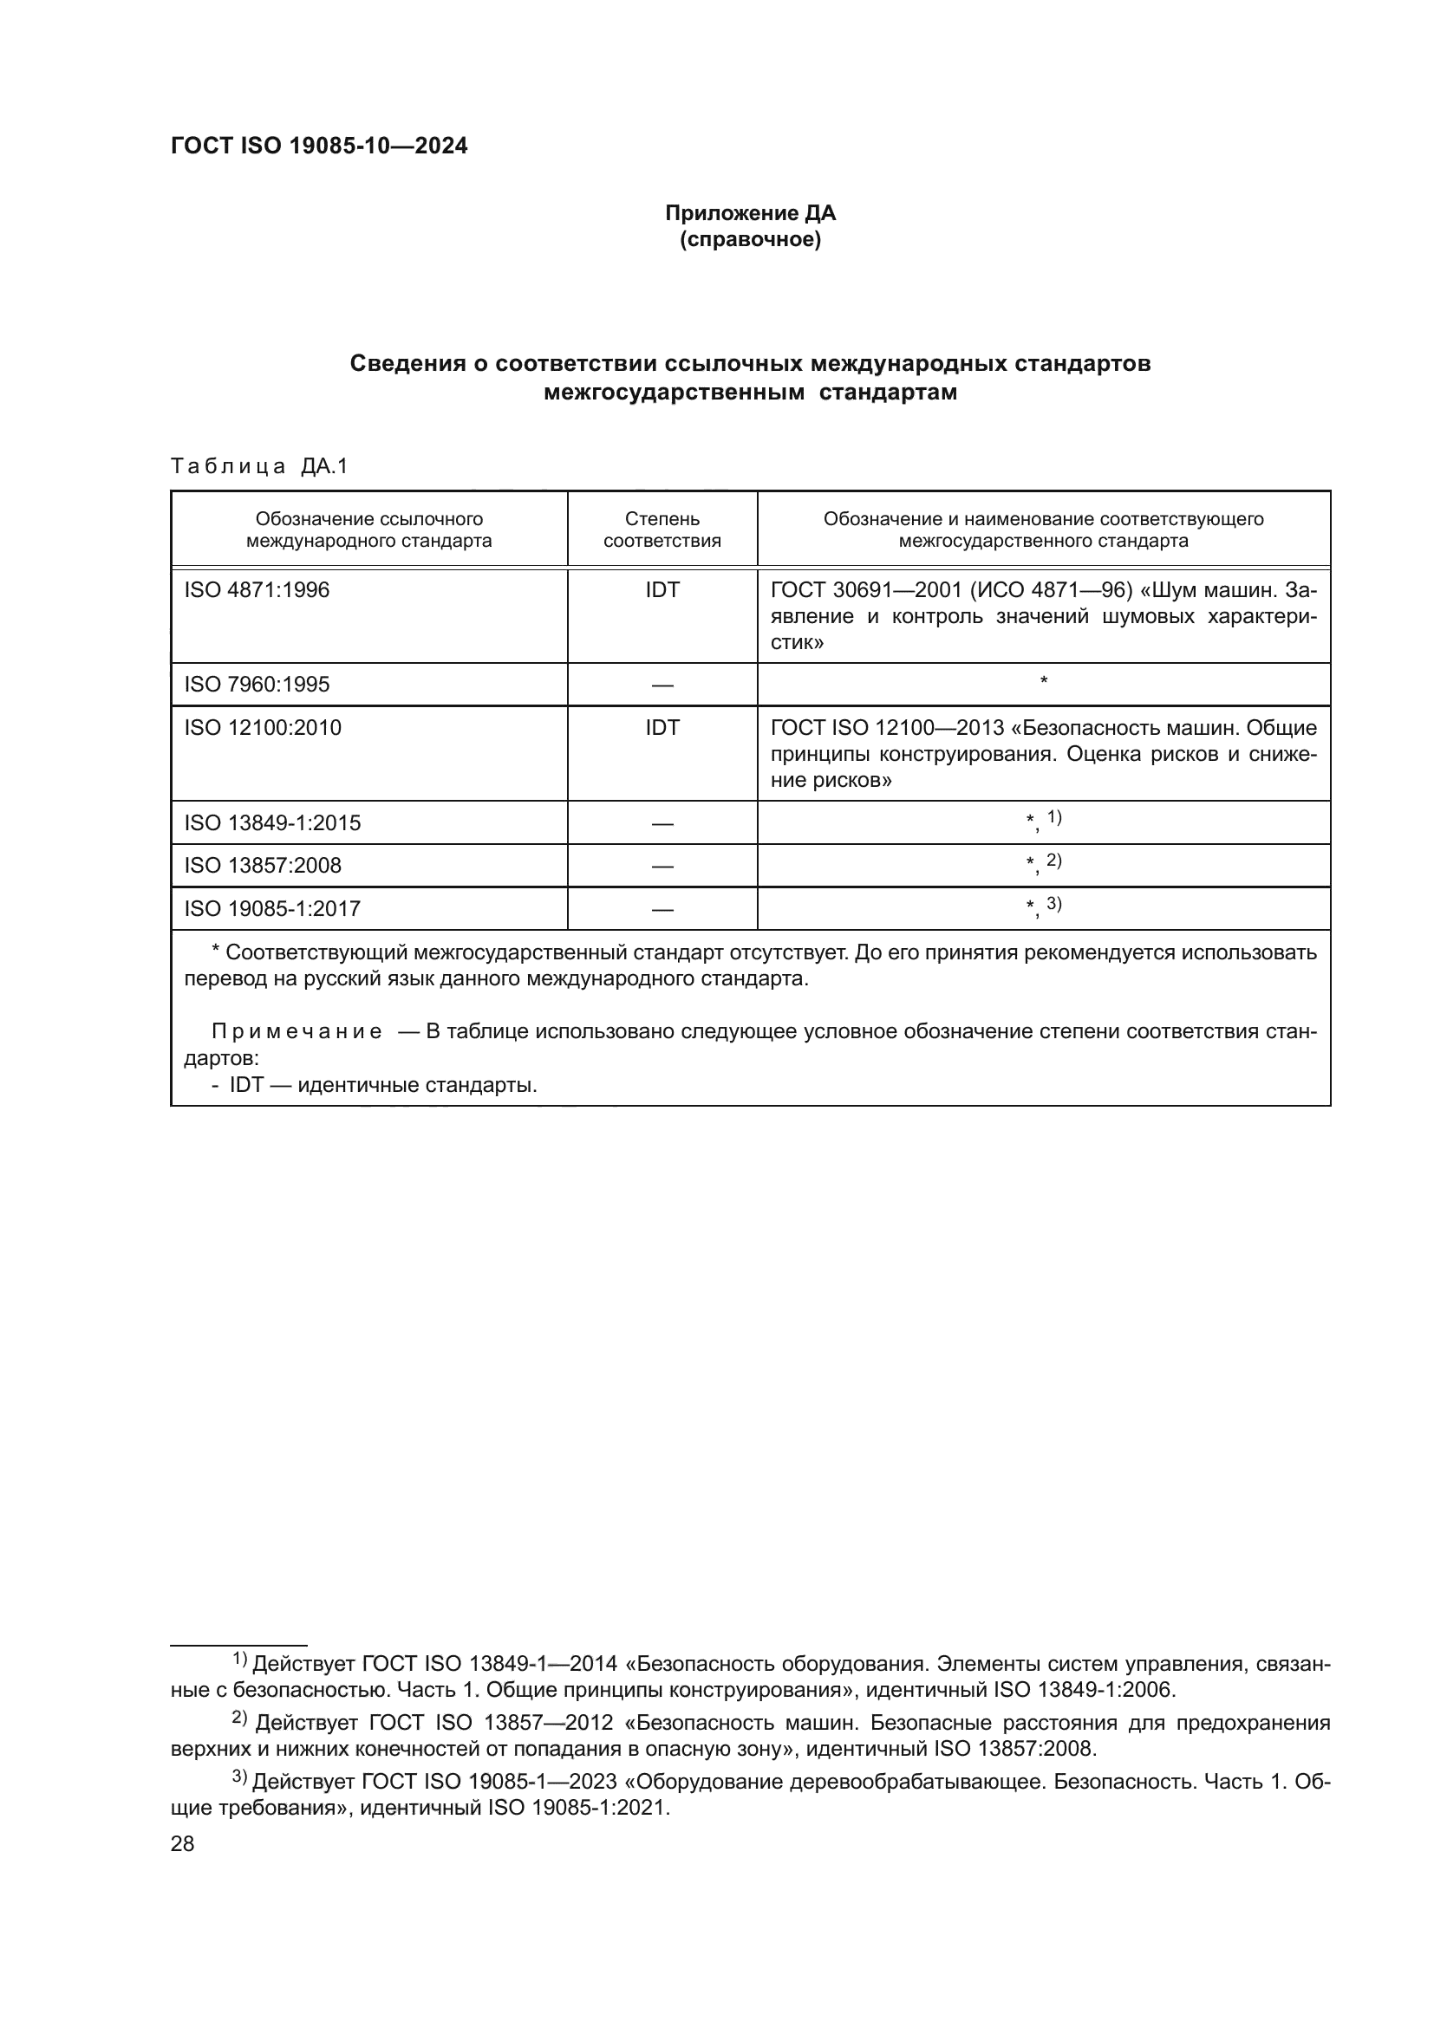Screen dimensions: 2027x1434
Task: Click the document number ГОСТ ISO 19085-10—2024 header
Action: point(319,146)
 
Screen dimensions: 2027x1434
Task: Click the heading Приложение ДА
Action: point(750,213)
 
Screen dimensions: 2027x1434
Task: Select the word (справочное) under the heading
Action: point(750,239)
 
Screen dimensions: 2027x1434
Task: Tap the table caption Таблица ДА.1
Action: point(259,466)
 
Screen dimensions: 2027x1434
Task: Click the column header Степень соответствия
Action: point(662,529)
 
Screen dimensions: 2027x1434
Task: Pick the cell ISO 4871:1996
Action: point(256,590)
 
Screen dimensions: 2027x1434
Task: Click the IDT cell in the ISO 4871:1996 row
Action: point(662,590)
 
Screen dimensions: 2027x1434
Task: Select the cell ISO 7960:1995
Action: point(256,685)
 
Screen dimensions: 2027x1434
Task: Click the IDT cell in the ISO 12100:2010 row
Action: point(662,727)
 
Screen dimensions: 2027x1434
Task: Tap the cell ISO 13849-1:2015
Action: point(272,822)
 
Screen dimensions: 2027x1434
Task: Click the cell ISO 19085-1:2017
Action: point(272,908)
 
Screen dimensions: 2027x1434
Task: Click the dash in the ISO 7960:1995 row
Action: point(662,685)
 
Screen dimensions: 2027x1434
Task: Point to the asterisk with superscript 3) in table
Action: point(1043,906)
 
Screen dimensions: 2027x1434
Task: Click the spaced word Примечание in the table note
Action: point(297,1032)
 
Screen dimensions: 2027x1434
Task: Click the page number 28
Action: point(182,1844)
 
